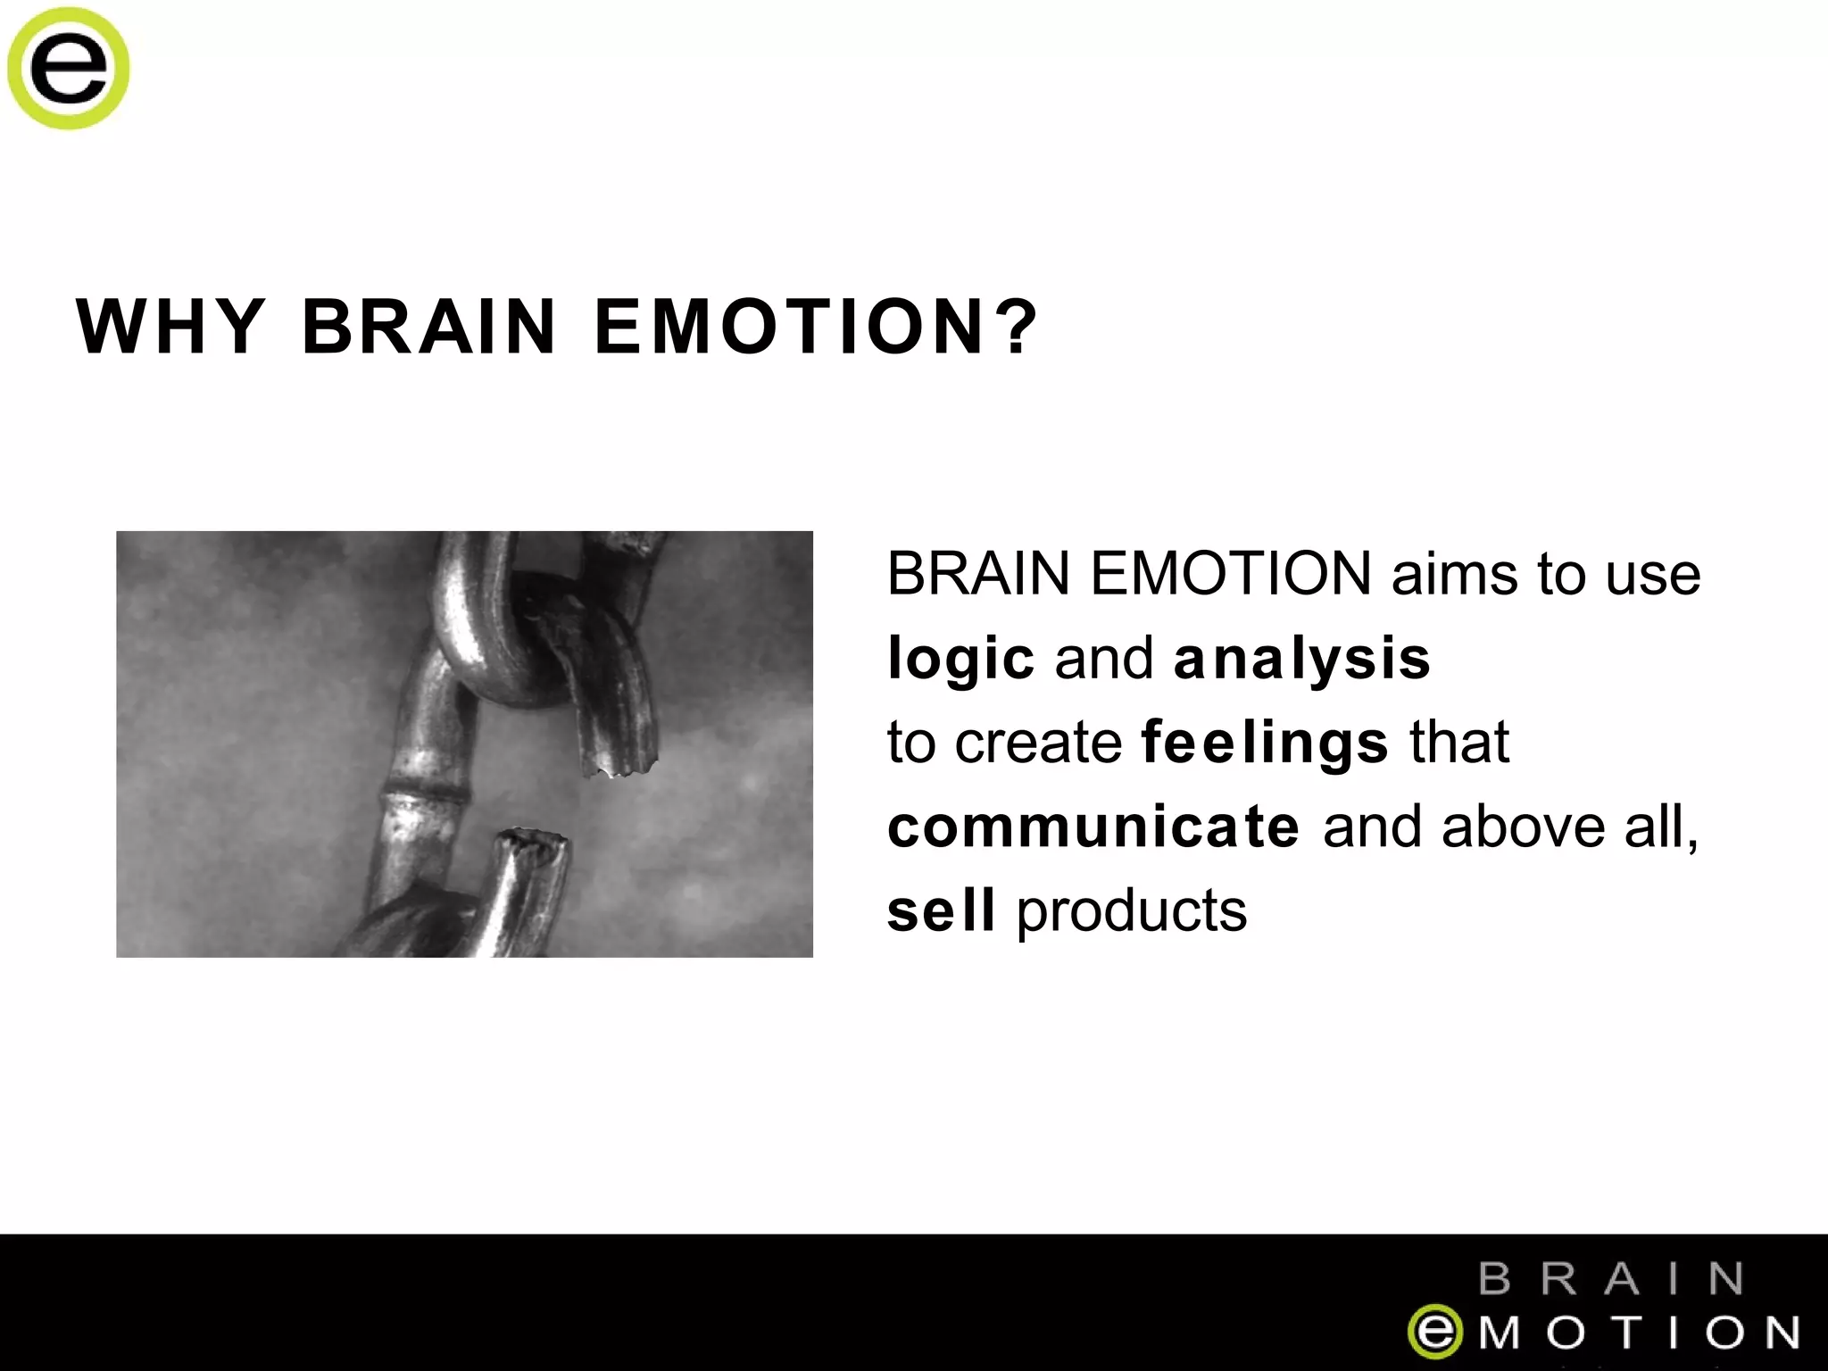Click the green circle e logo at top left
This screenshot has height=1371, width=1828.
68,68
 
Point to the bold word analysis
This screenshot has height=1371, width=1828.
1301,659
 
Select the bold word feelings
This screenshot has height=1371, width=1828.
1265,743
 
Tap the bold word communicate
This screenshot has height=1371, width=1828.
1093,827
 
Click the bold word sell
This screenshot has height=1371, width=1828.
941,910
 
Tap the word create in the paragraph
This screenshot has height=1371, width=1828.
1038,743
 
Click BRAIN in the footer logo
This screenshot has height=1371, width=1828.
1611,1278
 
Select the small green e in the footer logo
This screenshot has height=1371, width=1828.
1434,1332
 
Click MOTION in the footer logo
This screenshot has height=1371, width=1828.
1639,1333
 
